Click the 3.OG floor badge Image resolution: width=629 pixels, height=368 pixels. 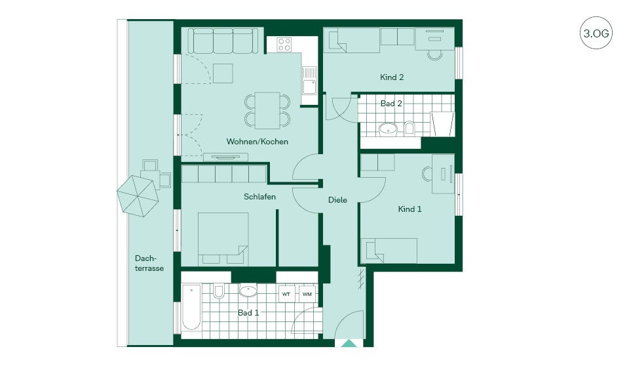[x=596, y=33]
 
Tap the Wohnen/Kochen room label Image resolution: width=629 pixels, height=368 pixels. [x=257, y=142]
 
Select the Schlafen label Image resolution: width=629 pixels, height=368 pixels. [x=259, y=197]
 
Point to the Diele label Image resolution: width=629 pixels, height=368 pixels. [x=337, y=199]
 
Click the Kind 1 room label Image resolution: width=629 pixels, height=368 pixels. [x=410, y=209]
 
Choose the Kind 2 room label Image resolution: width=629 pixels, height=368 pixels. [x=392, y=77]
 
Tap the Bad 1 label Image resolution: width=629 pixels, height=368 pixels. [x=248, y=312]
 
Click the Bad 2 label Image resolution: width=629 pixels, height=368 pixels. [x=391, y=103]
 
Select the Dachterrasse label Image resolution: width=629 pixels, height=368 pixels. [x=149, y=263]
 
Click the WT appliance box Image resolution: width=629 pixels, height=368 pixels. [x=286, y=294]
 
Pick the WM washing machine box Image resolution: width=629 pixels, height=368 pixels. [x=307, y=294]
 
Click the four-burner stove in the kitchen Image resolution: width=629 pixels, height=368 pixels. [x=284, y=44]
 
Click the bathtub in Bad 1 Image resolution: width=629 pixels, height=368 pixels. [x=191, y=308]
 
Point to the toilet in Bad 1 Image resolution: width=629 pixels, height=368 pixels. [x=219, y=291]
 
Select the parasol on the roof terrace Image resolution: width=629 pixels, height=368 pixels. [x=138, y=196]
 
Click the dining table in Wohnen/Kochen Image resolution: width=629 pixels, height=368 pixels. [x=267, y=110]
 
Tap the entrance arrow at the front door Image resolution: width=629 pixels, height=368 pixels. [x=349, y=344]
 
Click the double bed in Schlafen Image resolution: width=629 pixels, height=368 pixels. [x=223, y=239]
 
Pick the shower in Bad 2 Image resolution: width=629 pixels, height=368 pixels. [x=443, y=124]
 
